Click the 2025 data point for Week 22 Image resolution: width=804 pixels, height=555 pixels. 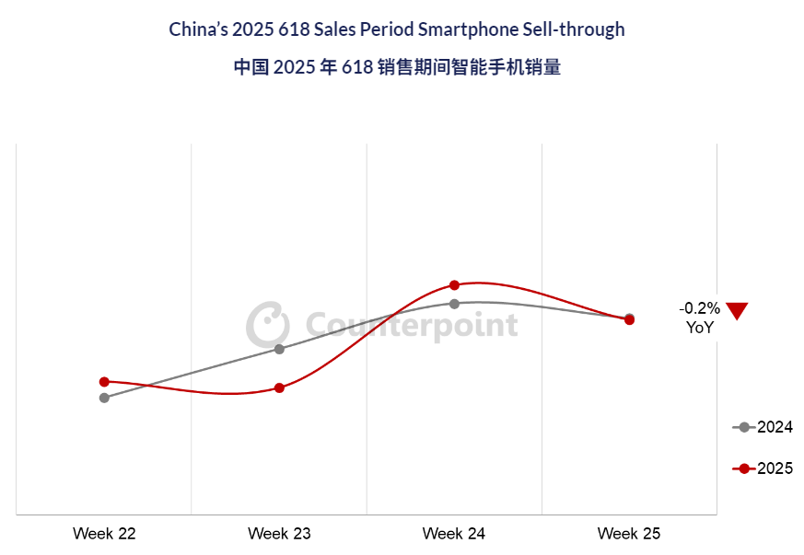[104, 381]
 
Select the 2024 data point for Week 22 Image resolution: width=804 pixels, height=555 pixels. [104, 398]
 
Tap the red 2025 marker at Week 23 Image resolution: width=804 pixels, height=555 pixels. [279, 387]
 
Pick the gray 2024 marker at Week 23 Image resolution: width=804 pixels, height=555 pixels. [279, 349]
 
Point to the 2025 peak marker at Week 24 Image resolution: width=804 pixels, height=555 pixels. [454, 285]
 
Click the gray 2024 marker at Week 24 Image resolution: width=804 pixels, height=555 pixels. [454, 303]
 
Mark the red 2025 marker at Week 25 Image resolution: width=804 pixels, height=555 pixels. [629, 319]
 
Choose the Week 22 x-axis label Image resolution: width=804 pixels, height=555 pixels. [104, 534]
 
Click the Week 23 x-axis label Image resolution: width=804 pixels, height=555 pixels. [279, 534]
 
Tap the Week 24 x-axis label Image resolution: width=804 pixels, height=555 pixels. [454, 534]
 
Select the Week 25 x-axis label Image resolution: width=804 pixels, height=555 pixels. [629, 534]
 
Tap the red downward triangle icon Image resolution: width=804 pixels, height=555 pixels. [737, 310]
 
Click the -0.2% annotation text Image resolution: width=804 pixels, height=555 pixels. [700, 308]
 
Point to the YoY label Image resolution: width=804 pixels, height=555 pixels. [700, 327]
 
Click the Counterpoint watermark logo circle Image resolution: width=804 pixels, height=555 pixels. [267, 324]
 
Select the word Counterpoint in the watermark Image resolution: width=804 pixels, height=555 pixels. [411, 326]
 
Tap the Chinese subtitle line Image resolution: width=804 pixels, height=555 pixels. [397, 68]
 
